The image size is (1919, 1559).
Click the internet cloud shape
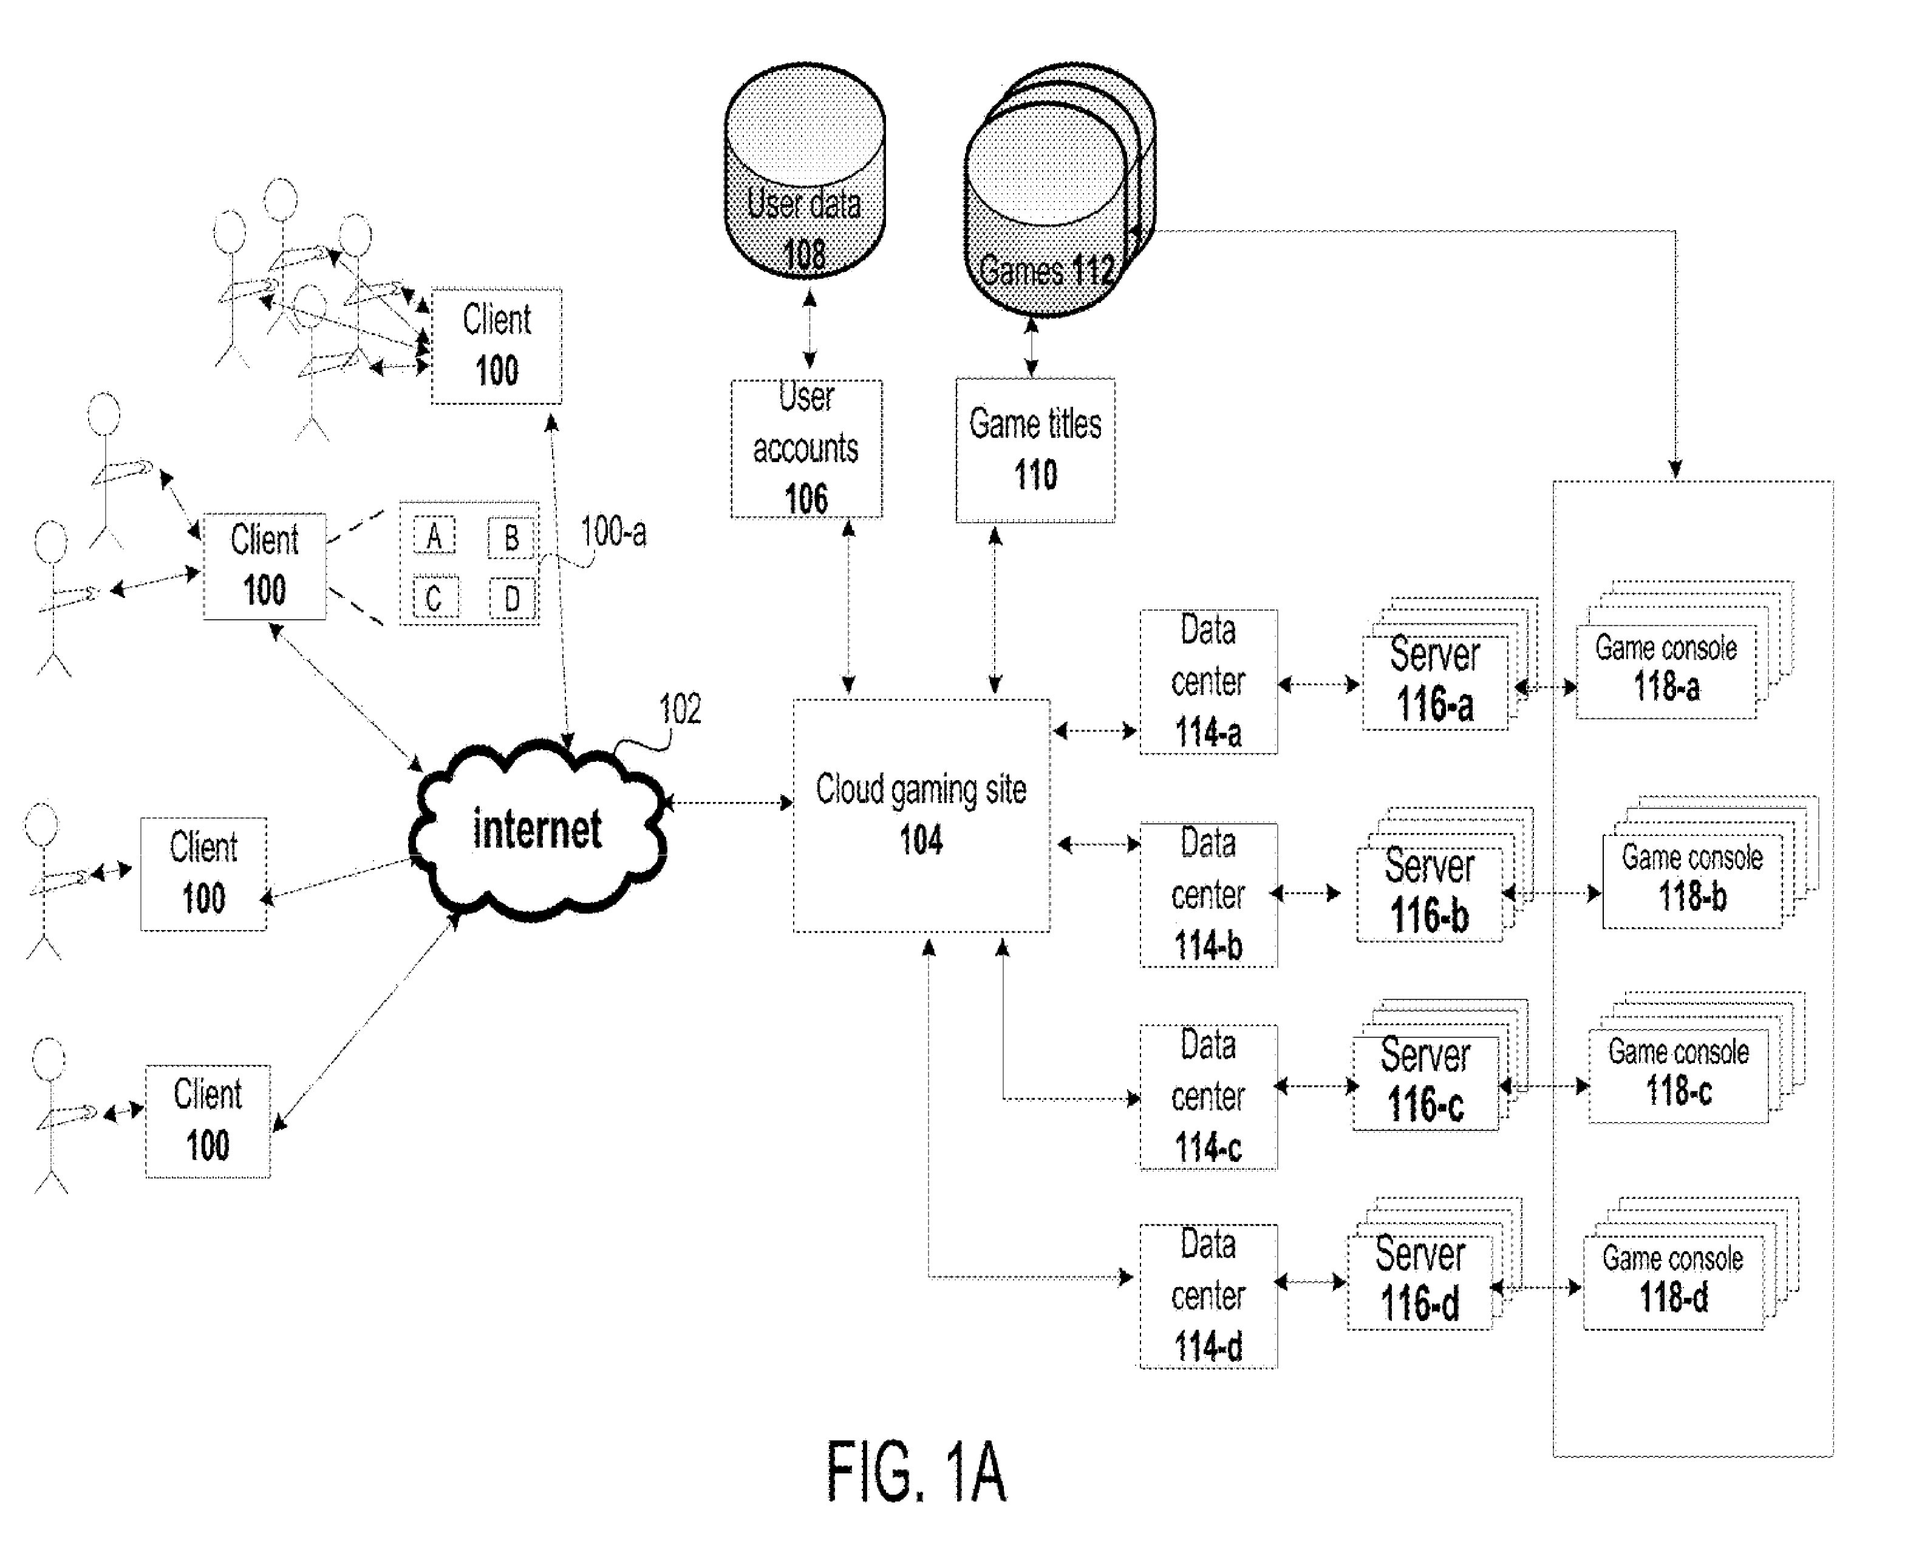pos(537,828)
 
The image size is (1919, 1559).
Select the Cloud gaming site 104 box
pos(921,815)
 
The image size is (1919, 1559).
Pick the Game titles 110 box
pos(1035,450)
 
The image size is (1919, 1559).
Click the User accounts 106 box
pos(806,448)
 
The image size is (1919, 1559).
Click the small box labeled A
pos(434,537)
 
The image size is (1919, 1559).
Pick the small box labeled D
pos(511,598)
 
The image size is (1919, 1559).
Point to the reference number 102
pos(680,710)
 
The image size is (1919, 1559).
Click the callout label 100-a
pos(613,532)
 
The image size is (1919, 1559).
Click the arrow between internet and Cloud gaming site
pos(729,802)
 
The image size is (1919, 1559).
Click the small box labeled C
pos(435,598)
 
